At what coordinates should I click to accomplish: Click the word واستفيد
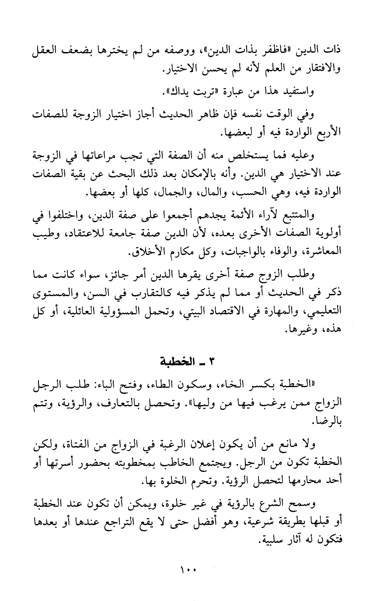coord(297,92)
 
